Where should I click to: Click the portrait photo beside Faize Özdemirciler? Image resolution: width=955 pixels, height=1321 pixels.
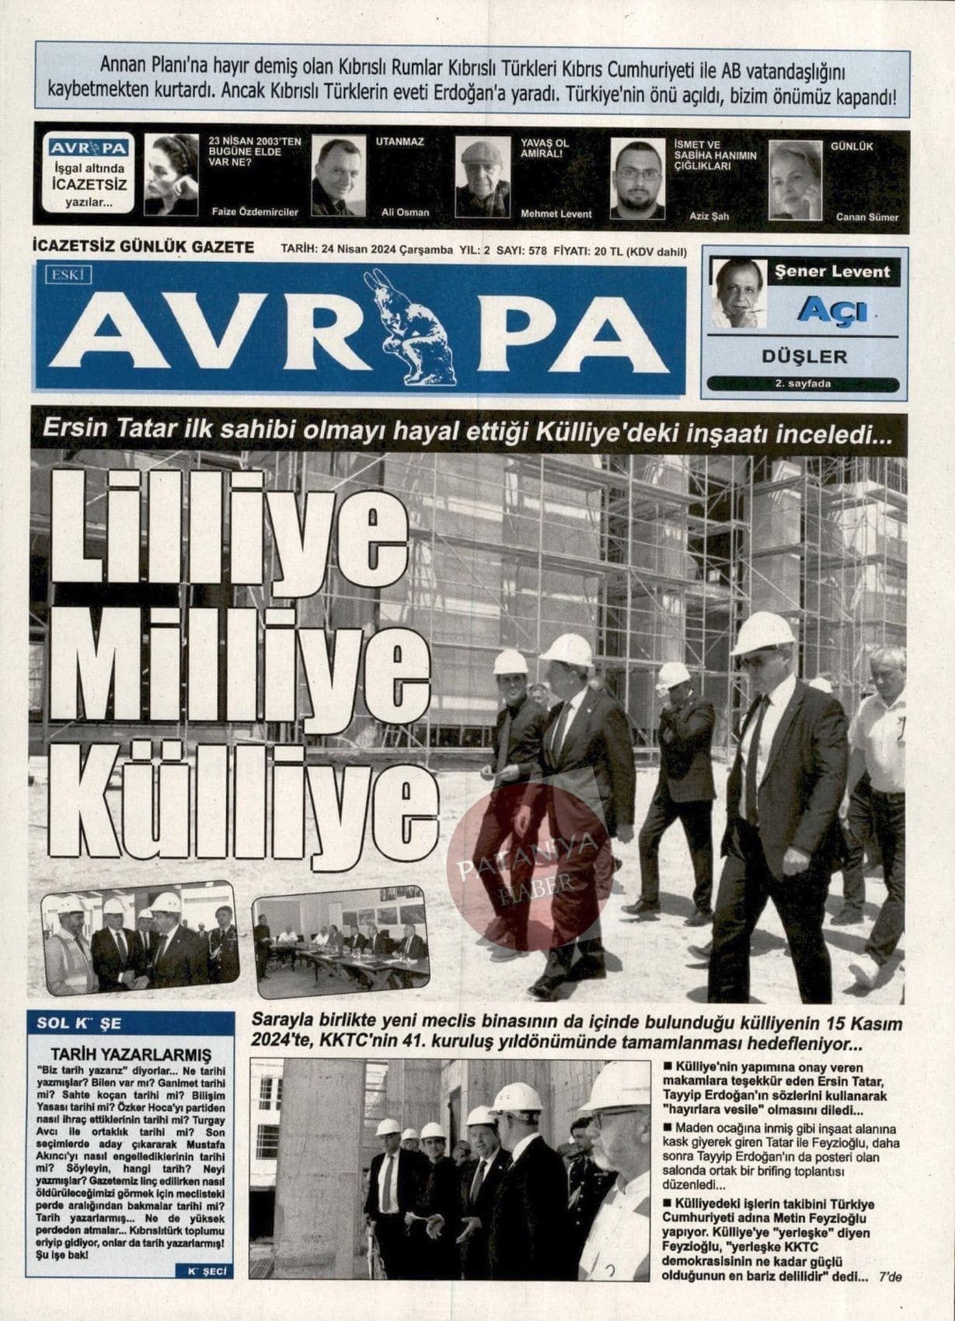click(171, 175)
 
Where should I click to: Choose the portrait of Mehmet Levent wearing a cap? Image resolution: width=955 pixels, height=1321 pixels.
click(482, 178)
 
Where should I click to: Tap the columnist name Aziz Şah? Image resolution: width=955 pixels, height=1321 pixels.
click(709, 216)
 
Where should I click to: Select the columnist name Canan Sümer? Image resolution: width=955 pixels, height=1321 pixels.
click(866, 217)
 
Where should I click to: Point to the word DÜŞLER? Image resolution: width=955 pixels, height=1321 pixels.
click(803, 357)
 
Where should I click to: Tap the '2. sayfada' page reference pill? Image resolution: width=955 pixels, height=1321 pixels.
click(803, 384)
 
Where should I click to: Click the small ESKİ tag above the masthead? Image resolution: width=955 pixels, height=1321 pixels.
click(69, 274)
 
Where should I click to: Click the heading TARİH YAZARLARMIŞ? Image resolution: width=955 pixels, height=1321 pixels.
click(130, 1054)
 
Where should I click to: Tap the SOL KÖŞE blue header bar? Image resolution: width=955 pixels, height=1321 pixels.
click(130, 1023)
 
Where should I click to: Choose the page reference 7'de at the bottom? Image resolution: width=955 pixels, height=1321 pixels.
click(889, 1277)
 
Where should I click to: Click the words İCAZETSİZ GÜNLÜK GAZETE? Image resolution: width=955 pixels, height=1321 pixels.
click(144, 247)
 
